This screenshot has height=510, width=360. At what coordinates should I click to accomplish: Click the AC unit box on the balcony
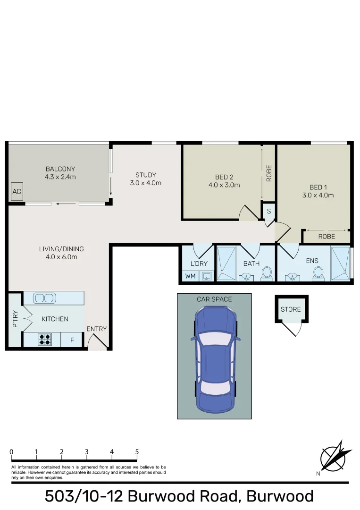tap(17, 192)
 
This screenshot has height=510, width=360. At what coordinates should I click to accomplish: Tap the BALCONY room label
tap(60, 169)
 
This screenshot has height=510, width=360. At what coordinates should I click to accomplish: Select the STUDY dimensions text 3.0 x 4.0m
tap(146, 183)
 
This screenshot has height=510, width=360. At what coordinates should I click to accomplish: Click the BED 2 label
tap(224, 178)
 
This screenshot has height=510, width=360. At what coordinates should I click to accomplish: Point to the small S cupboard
tap(269, 211)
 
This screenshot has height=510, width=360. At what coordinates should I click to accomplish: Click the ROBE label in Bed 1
tap(327, 236)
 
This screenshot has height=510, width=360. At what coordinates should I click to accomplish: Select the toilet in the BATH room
tap(267, 272)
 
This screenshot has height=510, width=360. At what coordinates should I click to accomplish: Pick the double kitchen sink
tap(43, 298)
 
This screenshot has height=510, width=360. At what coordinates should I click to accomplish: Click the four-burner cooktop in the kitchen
tap(44, 340)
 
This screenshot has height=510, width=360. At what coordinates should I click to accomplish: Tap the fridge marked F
tap(72, 340)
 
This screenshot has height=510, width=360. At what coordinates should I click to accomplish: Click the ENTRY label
tap(97, 329)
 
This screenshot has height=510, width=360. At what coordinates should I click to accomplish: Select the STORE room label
tap(291, 309)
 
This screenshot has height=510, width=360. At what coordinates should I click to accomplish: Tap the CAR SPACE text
tap(214, 299)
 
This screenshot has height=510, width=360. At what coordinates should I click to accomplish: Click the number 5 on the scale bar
tap(137, 452)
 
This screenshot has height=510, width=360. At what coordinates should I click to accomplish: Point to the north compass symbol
tap(335, 457)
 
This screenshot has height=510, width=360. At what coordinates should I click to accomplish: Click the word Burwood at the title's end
tap(280, 496)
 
